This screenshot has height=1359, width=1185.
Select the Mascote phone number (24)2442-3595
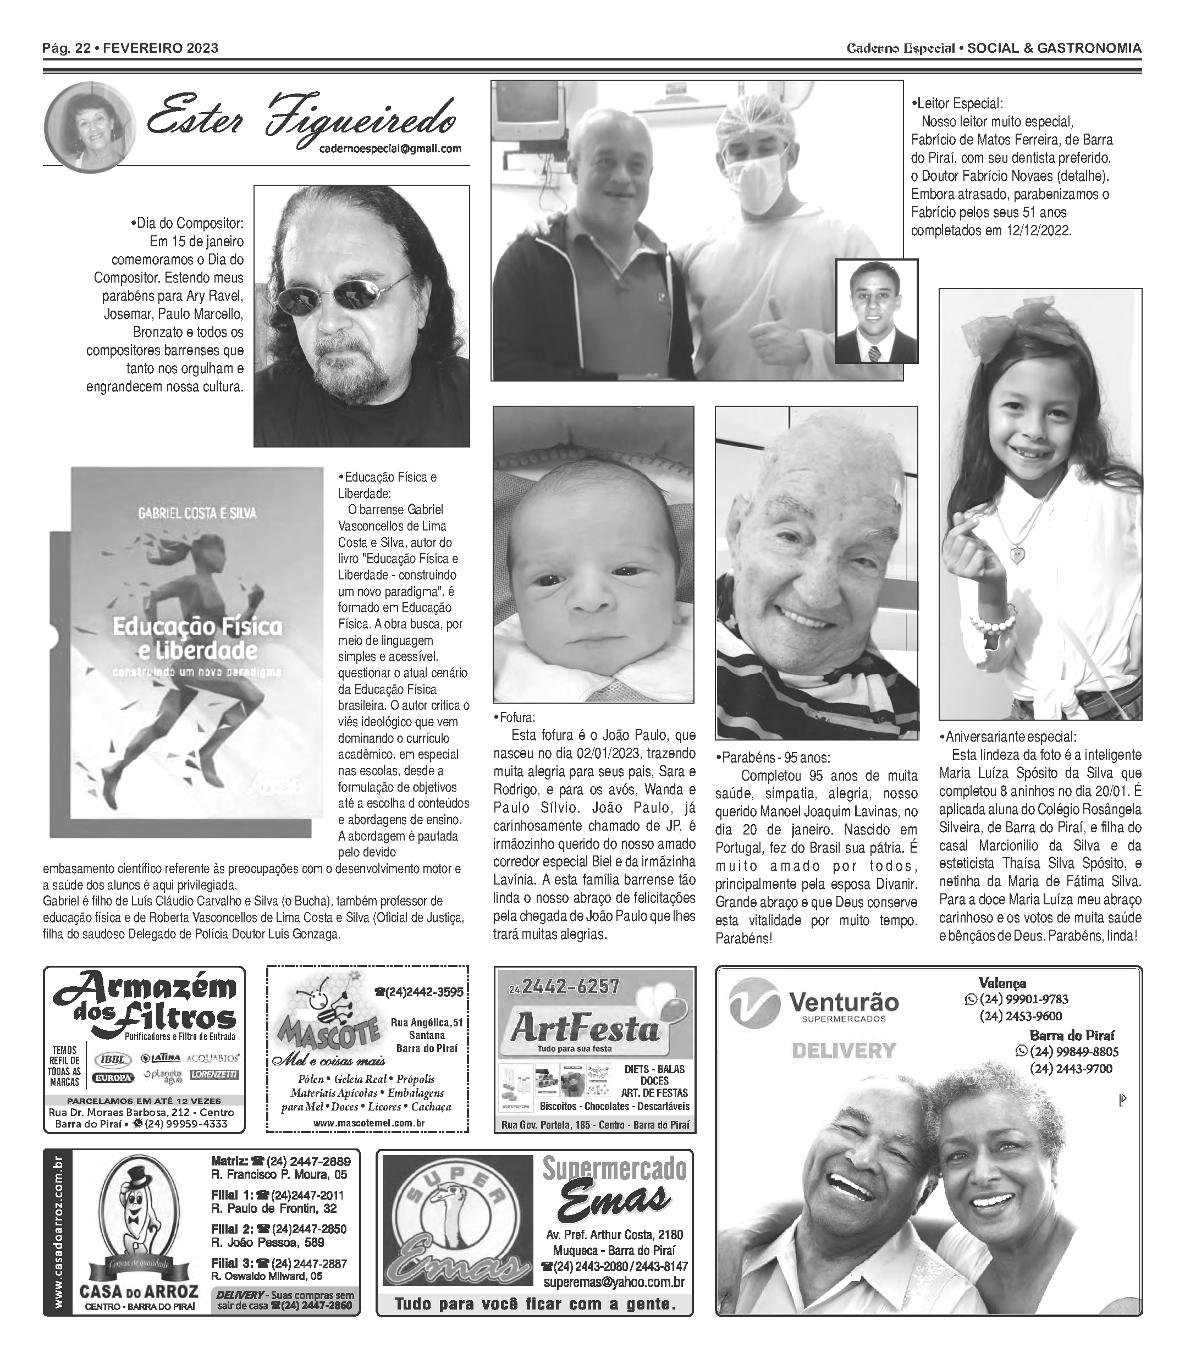click(419, 992)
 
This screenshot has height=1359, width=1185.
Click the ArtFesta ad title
click(585, 1030)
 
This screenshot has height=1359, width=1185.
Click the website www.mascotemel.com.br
click(368, 1123)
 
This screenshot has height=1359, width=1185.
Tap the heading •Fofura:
click(515, 718)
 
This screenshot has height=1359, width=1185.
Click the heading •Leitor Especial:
click(957, 104)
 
